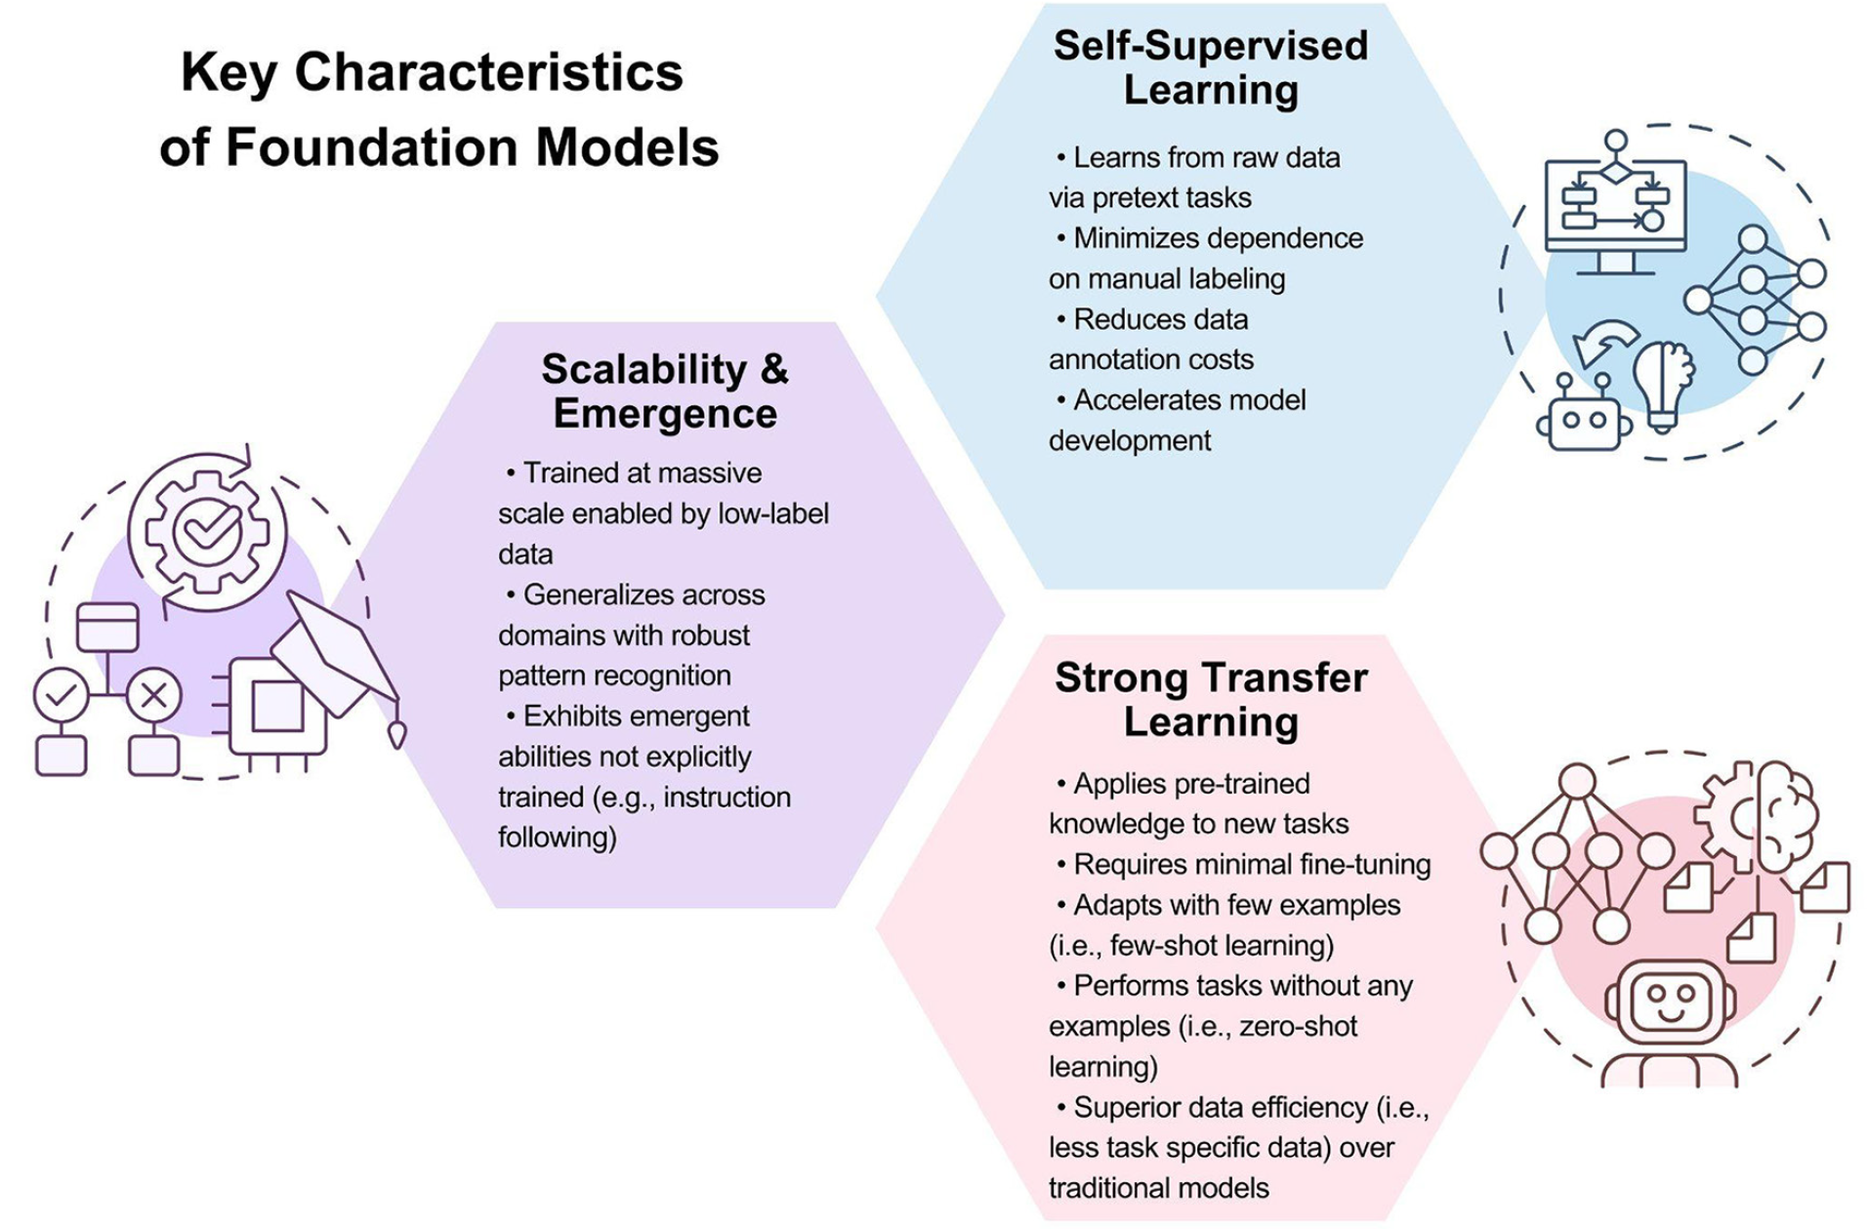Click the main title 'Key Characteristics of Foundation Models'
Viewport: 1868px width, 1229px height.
[x=438, y=109]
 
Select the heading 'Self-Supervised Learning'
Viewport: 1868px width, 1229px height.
[x=1210, y=67]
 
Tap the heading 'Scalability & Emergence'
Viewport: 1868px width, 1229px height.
[x=664, y=390]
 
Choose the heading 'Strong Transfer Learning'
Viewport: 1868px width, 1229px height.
[x=1210, y=699]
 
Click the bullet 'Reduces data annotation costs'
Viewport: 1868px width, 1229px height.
[x=1152, y=339]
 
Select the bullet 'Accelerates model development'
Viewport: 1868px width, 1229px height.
[x=1177, y=420]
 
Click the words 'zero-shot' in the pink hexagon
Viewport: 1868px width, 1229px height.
[x=1298, y=1026]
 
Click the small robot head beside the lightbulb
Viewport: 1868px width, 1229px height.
[x=1583, y=417]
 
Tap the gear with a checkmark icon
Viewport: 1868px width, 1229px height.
[x=206, y=531]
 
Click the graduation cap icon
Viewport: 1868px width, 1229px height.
[x=337, y=651]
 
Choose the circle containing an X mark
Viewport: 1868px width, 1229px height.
[x=153, y=695]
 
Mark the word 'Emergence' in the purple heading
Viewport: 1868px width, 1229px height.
[x=664, y=413]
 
